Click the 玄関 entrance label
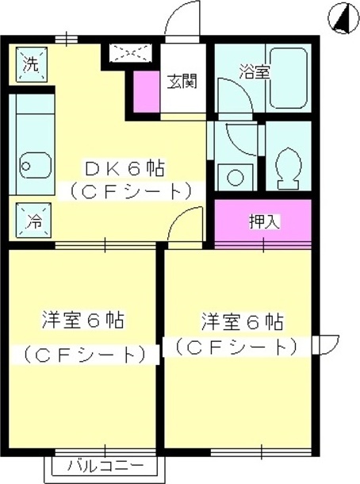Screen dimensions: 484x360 [182, 81]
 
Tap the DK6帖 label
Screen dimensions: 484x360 [124, 168]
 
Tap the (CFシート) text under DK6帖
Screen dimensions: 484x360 [131, 191]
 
